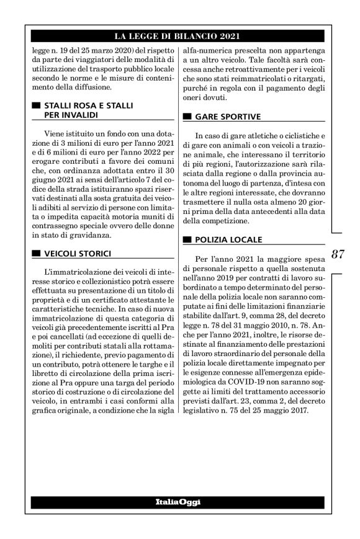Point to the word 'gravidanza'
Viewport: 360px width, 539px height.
91,236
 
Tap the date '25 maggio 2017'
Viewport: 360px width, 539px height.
274,413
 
